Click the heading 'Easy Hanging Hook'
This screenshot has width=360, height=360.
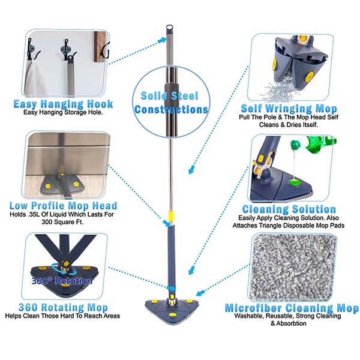[63, 104]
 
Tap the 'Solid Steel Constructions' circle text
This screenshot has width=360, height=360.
[171, 103]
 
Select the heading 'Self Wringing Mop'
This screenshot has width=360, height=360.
[289, 109]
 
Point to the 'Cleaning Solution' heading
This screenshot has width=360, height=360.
[289, 209]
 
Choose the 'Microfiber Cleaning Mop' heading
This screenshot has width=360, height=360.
[292, 308]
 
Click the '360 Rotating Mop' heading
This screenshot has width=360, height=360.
[63, 307]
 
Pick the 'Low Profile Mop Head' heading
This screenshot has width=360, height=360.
[63, 205]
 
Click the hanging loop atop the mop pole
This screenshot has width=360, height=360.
[169, 27]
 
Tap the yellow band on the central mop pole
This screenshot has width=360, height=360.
[171, 216]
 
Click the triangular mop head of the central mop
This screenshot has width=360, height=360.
[172, 310]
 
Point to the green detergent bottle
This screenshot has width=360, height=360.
[313, 144]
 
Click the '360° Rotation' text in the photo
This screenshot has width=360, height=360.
[62, 281]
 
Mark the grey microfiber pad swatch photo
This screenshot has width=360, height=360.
[293, 268]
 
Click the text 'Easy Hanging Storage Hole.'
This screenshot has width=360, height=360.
[63, 113]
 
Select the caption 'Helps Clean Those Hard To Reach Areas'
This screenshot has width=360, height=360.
[62, 316]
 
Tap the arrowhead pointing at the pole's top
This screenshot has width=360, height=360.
[163, 40]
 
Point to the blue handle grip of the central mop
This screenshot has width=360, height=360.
[170, 257]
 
